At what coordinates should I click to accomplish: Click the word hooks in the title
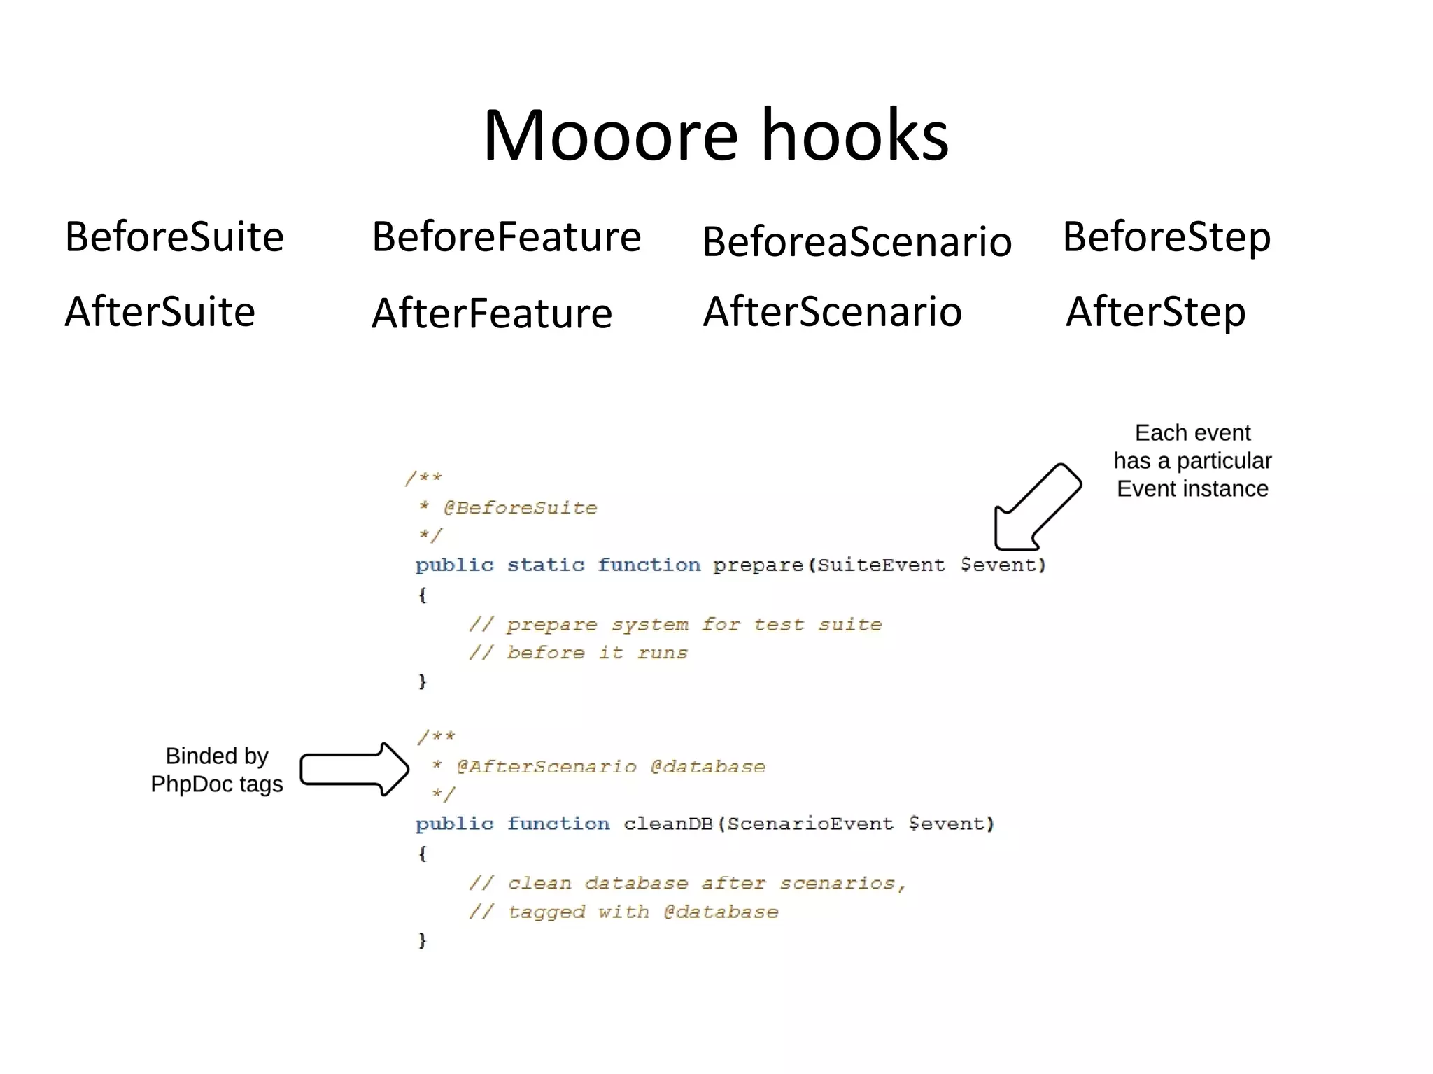(x=854, y=136)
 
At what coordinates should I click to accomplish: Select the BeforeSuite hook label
(x=174, y=237)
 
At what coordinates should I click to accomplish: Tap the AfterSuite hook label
(x=160, y=312)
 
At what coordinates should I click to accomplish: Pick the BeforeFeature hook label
(x=506, y=237)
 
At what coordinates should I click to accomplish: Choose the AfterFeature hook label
(x=492, y=313)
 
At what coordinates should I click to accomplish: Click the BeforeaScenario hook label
(x=856, y=242)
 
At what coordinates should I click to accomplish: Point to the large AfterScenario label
(x=832, y=312)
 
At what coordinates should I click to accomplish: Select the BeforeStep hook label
(x=1166, y=237)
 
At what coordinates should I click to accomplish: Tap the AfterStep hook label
(x=1155, y=312)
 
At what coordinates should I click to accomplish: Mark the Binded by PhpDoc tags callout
(x=217, y=770)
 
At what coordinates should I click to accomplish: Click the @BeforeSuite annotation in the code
(x=520, y=508)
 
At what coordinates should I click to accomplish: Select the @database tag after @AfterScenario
(x=707, y=767)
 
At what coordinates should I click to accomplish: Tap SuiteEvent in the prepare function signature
(x=881, y=565)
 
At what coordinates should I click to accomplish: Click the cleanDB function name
(x=668, y=824)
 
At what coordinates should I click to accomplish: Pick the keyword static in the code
(x=545, y=565)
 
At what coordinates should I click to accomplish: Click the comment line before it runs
(x=579, y=653)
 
